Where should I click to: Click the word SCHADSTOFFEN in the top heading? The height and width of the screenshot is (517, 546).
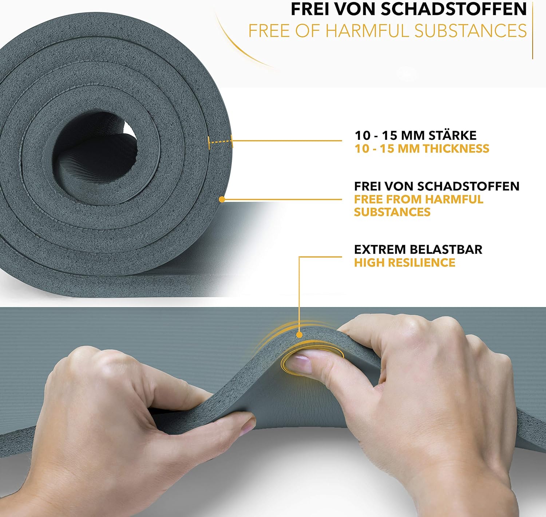454,9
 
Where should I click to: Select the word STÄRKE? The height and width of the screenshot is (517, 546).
453,135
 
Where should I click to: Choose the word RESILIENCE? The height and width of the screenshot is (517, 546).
422,263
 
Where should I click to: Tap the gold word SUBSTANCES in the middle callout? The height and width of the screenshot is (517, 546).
392,212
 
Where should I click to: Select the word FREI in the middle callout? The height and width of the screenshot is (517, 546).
367,186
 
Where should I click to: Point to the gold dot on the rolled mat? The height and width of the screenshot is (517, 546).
222,199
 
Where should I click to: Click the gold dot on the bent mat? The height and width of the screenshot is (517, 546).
299,335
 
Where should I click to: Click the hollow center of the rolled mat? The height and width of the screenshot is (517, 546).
94,155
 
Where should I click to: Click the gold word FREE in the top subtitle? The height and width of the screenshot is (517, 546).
269,31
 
